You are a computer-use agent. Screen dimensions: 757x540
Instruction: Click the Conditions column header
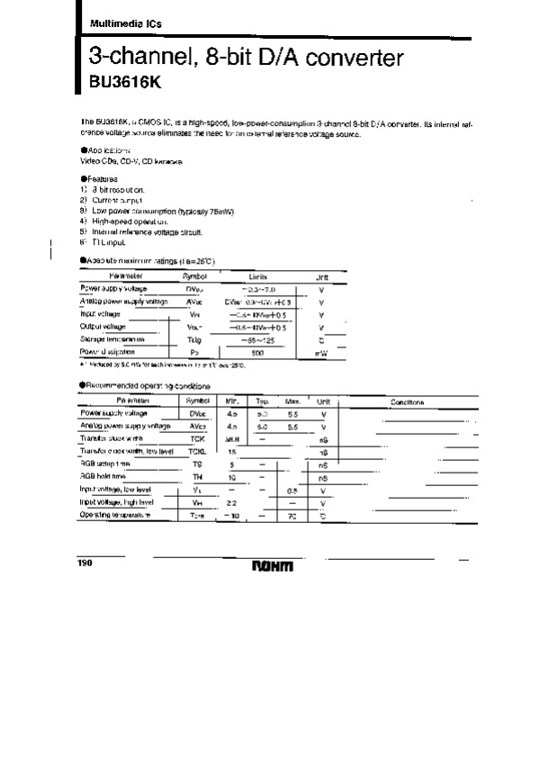pos(407,401)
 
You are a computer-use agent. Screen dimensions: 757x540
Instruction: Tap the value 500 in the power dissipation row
pos(256,352)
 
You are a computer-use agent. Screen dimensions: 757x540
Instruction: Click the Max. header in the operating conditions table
pos(292,401)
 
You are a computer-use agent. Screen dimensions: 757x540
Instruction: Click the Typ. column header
pos(263,401)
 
